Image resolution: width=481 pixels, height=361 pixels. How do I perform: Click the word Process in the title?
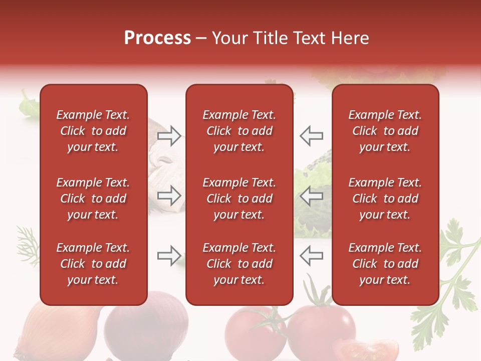coord(157,38)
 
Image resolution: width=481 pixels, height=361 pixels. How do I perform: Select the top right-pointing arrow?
coord(169,135)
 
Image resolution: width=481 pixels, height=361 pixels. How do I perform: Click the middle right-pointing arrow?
coord(169,195)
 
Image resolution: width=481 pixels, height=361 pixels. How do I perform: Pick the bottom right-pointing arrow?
coord(169,256)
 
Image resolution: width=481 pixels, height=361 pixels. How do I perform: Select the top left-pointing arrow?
coord(311,135)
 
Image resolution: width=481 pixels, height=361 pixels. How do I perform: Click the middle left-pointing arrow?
coord(311,195)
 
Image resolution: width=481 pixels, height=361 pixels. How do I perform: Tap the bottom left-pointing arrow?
coord(311,256)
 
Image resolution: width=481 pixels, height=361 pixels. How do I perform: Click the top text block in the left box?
coord(93,131)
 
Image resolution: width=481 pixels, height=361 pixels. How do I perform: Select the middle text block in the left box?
coord(93,199)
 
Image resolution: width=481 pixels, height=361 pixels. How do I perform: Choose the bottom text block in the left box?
coord(93,264)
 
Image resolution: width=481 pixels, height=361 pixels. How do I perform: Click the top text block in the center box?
coord(239,131)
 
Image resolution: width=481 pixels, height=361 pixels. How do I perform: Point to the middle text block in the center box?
coord(239,199)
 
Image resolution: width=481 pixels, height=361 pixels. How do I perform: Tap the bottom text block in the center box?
coord(239,264)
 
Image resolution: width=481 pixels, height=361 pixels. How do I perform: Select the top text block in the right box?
coord(385,131)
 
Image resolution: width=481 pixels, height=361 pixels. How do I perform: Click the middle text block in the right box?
coord(385,199)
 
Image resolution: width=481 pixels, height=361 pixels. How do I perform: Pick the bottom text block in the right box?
coord(385,264)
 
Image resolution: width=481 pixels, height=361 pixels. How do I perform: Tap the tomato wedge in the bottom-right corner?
coord(368,349)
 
